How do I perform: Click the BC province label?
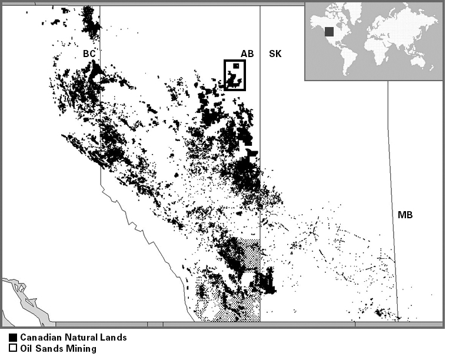coord(89,54)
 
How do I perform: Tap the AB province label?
coord(247,54)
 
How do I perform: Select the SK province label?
coord(275,54)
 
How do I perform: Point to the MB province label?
coord(405,215)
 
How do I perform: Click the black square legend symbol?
coord(13,338)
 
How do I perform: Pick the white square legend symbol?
coord(13,349)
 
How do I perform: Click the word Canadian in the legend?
coord(39,338)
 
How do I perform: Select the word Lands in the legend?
coord(113,338)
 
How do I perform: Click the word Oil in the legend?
coord(26,349)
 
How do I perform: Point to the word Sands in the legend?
coord(49,349)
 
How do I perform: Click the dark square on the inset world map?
coord(330,31)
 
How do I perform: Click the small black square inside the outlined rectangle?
coord(236,66)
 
